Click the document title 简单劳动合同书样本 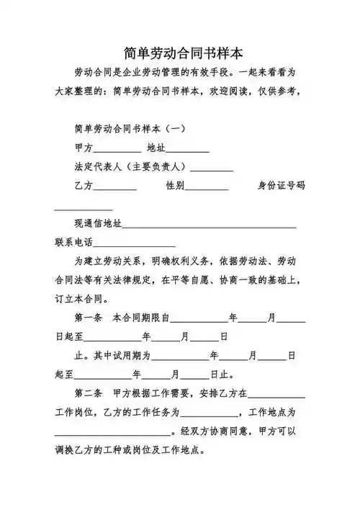(182, 53)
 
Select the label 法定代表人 (98, 167)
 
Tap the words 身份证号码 (282, 186)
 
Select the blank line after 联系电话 (134, 243)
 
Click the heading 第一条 (89, 318)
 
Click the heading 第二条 (89, 394)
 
